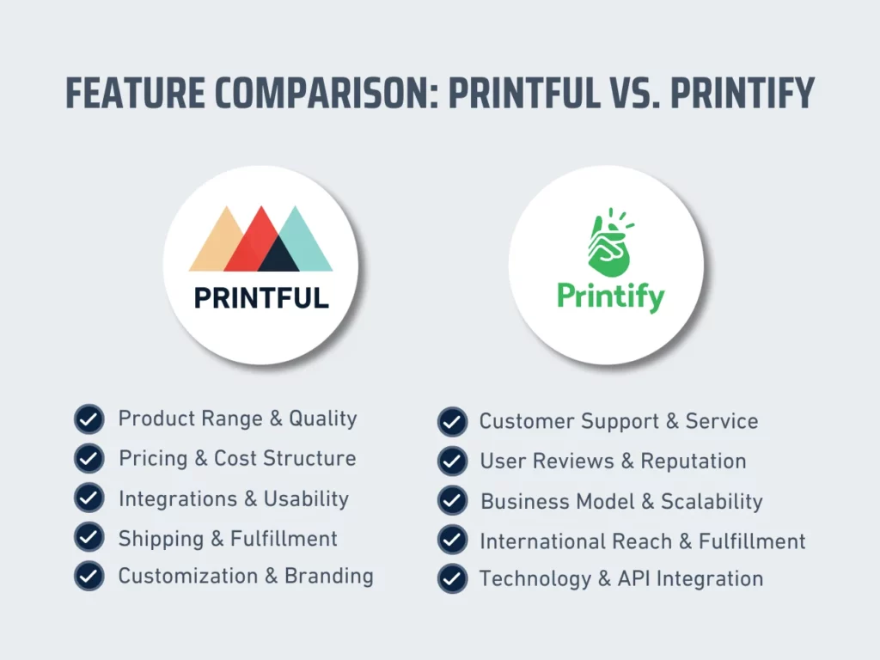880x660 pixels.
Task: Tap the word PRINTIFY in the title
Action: pyautogui.click(x=742, y=94)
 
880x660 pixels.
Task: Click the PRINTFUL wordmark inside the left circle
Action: pyautogui.click(x=261, y=298)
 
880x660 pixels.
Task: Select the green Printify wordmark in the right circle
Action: pyautogui.click(x=610, y=296)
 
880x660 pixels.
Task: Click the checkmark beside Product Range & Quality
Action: pyautogui.click(x=89, y=419)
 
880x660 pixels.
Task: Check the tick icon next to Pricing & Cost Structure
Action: pyautogui.click(x=89, y=459)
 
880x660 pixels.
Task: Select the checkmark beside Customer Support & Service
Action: pyautogui.click(x=452, y=422)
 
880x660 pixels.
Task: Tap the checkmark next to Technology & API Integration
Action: pyautogui.click(x=452, y=579)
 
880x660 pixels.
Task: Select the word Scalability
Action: pyautogui.click(x=712, y=502)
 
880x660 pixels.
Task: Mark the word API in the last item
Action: pyautogui.click(x=634, y=579)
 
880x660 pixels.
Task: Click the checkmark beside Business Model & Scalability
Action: pyautogui.click(x=452, y=500)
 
